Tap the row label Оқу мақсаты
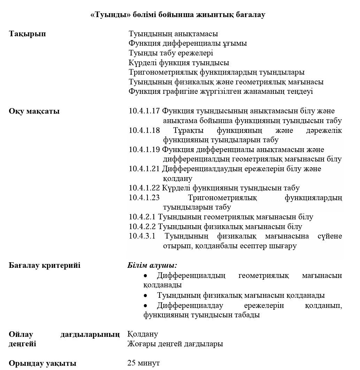pos(34,111)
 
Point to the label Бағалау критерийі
pos(44,266)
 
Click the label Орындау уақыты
pos(43,363)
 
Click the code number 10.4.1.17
pos(144,111)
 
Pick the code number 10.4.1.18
pos(144,130)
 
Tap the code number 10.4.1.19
pos(144,150)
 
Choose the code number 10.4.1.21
pos(144,169)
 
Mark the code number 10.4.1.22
pos(144,188)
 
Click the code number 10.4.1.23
pos(144,198)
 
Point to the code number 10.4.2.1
pos(142,217)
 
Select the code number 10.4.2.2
pos(142,227)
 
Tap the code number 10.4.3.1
pos(142,236)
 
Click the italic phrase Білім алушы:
pos(152,265)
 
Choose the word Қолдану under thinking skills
pos(143,334)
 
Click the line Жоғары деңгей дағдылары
pos(175,344)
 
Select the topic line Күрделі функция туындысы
pos(179,63)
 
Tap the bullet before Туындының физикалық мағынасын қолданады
pos(146,296)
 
